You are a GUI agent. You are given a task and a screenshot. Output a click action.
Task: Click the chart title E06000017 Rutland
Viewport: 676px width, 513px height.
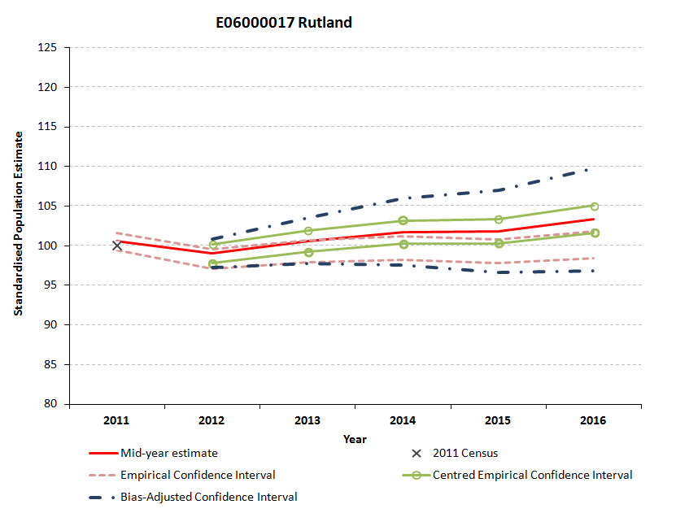coord(284,23)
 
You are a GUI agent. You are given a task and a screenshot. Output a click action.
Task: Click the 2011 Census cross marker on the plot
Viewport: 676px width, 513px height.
coord(117,245)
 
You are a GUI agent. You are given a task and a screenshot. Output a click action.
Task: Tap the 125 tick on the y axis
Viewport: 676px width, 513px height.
coord(50,47)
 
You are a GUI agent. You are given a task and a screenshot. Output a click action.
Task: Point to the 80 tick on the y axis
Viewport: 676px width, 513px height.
coord(54,403)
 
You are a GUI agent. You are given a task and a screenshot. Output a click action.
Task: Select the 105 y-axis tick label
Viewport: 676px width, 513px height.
coord(50,206)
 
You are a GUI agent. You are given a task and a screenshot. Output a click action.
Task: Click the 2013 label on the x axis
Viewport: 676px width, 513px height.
coord(307,420)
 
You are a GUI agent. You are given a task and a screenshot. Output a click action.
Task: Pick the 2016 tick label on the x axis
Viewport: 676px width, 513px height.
coord(593,420)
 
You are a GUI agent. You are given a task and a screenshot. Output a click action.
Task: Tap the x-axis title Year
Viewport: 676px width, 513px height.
coord(355,439)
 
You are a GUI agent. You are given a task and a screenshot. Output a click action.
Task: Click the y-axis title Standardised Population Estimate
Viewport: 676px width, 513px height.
coord(17,224)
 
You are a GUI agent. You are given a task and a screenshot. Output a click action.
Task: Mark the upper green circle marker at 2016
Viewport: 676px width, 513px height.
coord(594,207)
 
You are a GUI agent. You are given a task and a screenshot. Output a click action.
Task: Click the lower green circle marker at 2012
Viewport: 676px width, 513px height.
coord(212,263)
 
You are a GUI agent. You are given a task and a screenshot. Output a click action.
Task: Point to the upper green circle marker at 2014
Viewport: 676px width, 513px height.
coord(403,220)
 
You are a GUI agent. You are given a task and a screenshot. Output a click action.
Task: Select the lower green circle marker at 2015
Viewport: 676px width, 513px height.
coord(499,243)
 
